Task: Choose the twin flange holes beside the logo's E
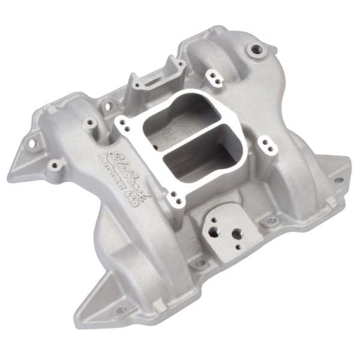click(x=122, y=122)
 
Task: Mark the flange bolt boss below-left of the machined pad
click(x=199, y=263)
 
